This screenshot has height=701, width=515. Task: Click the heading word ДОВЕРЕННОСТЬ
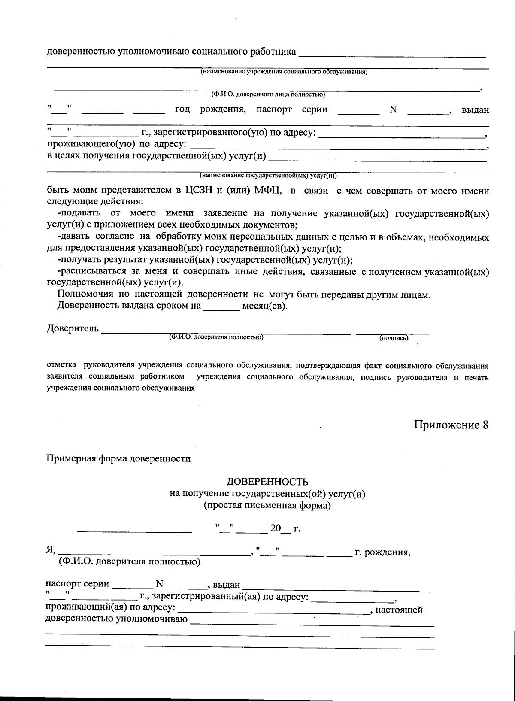pyautogui.click(x=267, y=482)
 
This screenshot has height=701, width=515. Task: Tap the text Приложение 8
pyautogui.click(x=451, y=425)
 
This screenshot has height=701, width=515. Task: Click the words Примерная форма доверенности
pyautogui.click(x=118, y=458)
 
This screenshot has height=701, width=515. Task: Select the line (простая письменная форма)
pyautogui.click(x=267, y=505)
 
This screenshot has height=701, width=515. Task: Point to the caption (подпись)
pyautogui.click(x=394, y=338)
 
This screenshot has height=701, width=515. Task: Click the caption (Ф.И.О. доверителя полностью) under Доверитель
pyautogui.click(x=216, y=337)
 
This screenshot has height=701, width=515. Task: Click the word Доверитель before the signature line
pyautogui.click(x=73, y=329)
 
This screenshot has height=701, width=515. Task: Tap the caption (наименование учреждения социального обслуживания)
pyautogui.click(x=284, y=72)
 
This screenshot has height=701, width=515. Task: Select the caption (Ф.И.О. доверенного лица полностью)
pyautogui.click(x=267, y=94)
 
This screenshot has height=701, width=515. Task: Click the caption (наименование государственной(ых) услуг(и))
pyautogui.click(x=268, y=176)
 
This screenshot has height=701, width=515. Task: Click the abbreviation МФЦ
pyautogui.click(x=267, y=191)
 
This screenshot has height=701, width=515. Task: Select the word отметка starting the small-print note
pyautogui.click(x=62, y=366)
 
